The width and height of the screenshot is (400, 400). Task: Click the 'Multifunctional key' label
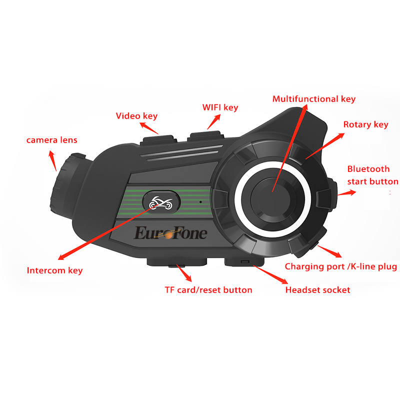(x=313, y=99)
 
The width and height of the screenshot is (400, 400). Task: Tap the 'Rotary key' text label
(x=365, y=124)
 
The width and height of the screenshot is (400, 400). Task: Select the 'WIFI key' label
(x=220, y=107)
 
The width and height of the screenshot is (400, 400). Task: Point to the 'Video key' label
(x=136, y=116)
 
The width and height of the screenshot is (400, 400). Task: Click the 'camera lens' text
(x=51, y=140)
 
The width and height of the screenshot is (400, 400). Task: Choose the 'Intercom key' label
(x=54, y=270)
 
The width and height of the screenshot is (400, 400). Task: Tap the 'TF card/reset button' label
(x=208, y=289)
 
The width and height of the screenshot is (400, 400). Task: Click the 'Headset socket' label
(x=317, y=289)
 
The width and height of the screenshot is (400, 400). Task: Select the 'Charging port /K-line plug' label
(x=340, y=266)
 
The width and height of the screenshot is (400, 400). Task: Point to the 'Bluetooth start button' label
(x=372, y=175)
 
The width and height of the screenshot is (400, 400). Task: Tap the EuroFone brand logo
(x=170, y=233)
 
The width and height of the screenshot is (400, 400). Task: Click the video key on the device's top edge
(x=155, y=136)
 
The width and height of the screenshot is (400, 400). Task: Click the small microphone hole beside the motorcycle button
(x=199, y=202)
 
